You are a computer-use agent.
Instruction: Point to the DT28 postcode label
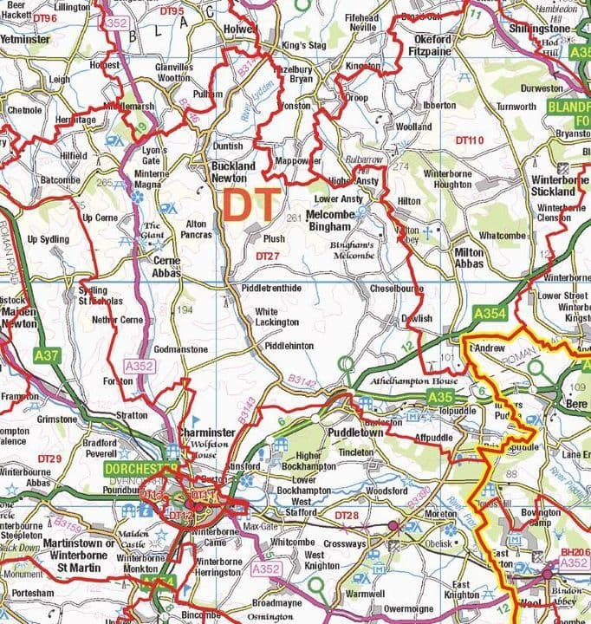pos(346,517)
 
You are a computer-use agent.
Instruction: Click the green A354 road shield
pos(490,313)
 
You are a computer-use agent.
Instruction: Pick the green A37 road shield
pos(46,354)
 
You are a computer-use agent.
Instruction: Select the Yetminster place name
pos(26,40)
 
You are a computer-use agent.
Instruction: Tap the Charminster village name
pos(207,432)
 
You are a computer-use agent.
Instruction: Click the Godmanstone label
pos(180,349)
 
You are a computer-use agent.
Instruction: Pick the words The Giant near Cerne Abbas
pos(153,230)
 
